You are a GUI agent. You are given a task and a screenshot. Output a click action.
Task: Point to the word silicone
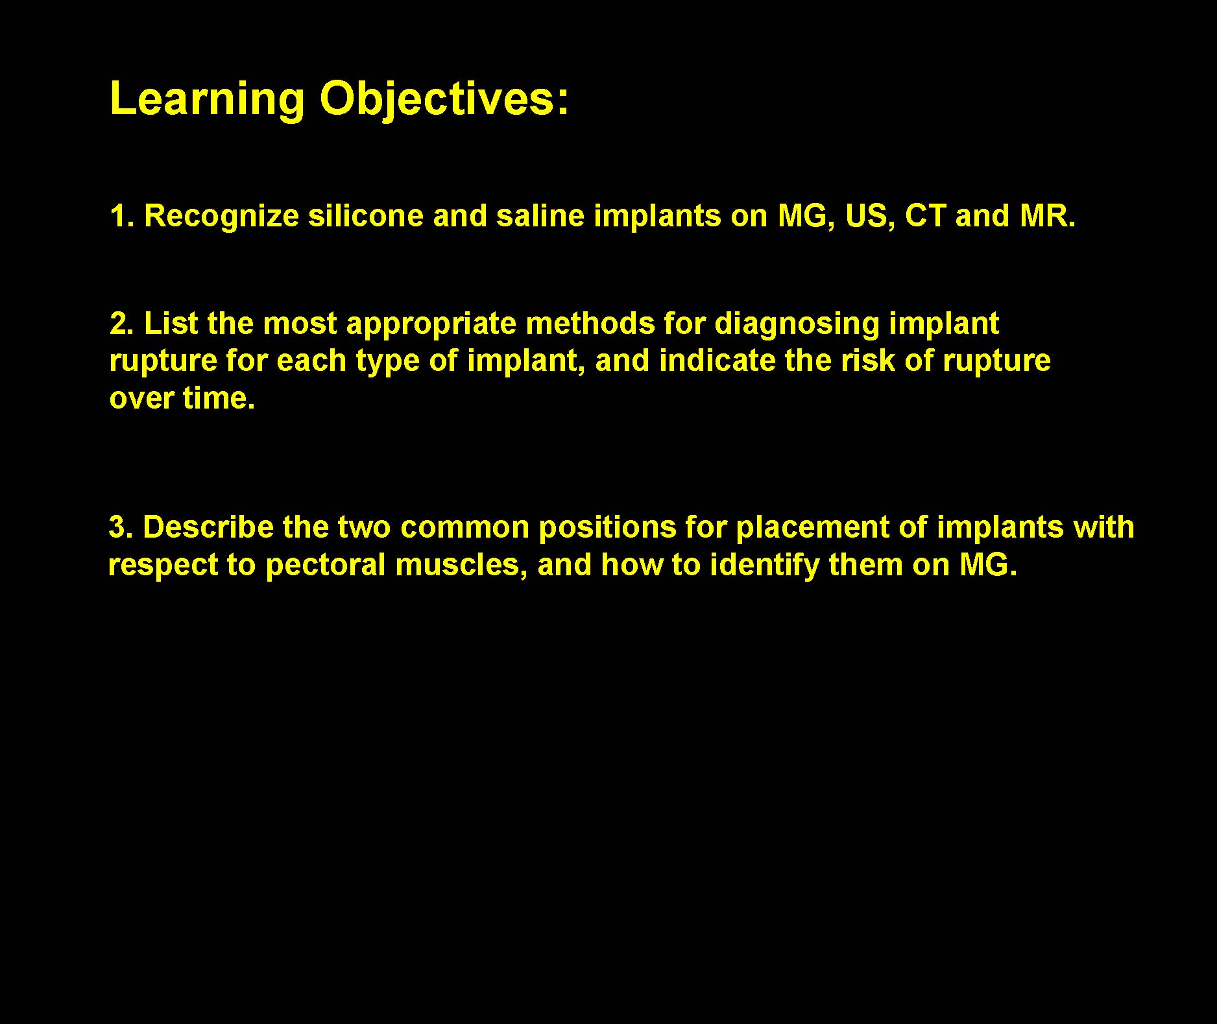(x=366, y=216)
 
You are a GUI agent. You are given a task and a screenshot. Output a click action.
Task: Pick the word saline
(x=541, y=216)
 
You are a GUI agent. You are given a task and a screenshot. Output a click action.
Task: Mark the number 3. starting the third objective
(x=121, y=527)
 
